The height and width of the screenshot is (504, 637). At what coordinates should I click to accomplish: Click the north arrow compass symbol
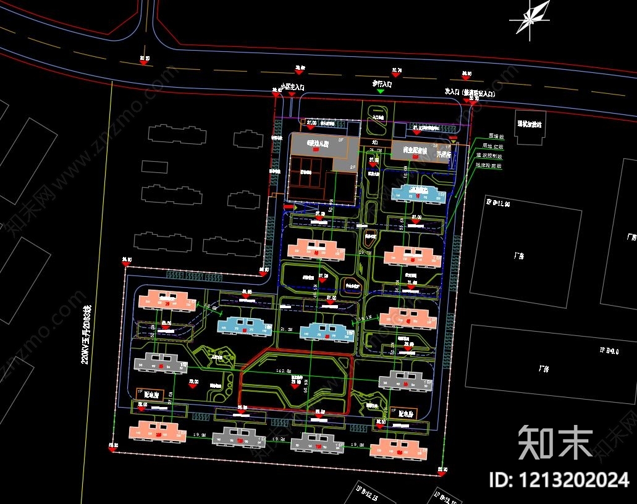tap(531, 19)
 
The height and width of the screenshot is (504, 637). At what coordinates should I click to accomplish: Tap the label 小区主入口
tap(292, 88)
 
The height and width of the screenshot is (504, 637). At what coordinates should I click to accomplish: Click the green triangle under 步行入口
tap(381, 91)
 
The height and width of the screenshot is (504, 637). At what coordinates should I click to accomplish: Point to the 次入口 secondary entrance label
tap(471, 91)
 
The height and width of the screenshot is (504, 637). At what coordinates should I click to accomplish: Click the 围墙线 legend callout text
tap(496, 136)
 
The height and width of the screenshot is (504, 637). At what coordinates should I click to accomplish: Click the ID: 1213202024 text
tap(559, 480)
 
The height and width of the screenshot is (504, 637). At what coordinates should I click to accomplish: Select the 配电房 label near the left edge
tap(153, 393)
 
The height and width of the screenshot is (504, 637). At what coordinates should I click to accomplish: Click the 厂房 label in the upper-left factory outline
tap(515, 255)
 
